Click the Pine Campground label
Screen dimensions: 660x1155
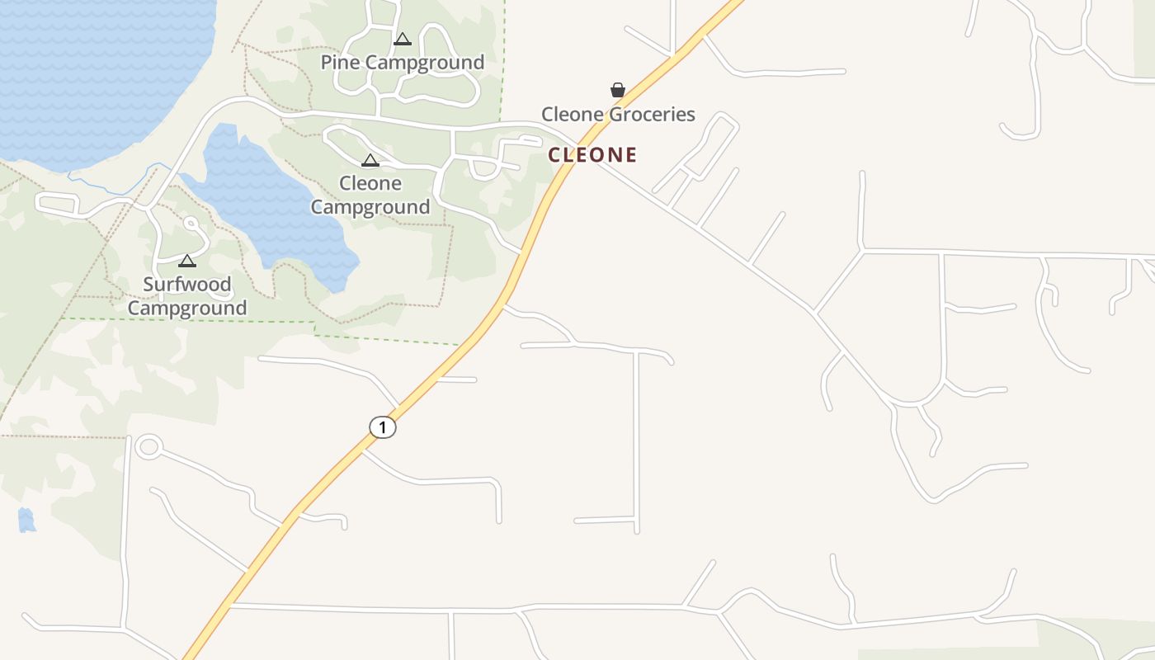click(402, 63)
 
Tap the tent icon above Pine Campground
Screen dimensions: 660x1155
click(403, 39)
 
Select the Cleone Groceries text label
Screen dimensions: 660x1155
click(618, 114)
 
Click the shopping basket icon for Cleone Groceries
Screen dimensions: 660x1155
click(617, 90)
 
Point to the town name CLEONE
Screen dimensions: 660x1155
click(592, 154)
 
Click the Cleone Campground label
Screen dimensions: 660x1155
click(370, 195)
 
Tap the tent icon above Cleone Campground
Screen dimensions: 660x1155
click(370, 160)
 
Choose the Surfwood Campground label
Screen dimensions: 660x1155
click(187, 296)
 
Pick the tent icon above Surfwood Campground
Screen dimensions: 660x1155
click(187, 261)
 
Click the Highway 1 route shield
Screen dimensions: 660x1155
click(382, 427)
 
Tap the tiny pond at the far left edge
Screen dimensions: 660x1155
click(26, 520)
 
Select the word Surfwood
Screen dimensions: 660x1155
click(187, 285)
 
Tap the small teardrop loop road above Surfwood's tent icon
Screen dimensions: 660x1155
click(191, 224)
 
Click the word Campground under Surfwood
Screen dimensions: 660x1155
click(187, 309)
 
